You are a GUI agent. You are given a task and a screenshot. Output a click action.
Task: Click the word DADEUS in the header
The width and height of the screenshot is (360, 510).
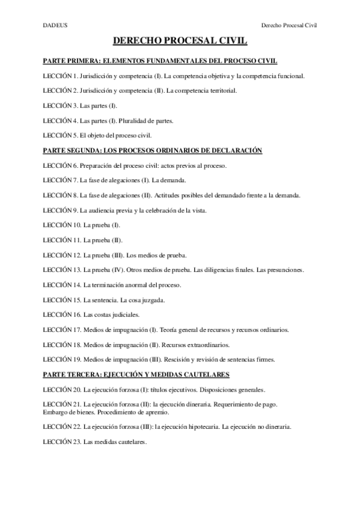(x=53, y=26)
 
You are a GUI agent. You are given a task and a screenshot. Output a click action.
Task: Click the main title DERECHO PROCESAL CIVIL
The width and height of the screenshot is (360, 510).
(x=180, y=41)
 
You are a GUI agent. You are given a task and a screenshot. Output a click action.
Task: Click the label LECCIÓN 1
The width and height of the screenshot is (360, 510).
(x=60, y=76)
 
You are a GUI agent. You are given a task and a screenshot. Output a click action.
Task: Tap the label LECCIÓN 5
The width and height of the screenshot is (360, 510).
(x=60, y=135)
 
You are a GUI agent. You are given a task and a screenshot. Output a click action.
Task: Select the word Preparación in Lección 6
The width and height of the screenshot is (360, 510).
(x=97, y=165)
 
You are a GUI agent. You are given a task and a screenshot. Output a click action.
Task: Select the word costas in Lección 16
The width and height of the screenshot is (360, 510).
(x=100, y=315)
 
